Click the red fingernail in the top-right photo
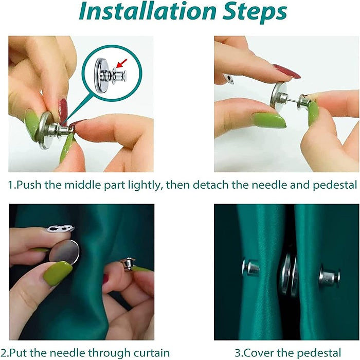286,71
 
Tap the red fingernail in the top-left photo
63,110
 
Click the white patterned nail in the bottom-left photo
60,228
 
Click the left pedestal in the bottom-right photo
250,267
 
